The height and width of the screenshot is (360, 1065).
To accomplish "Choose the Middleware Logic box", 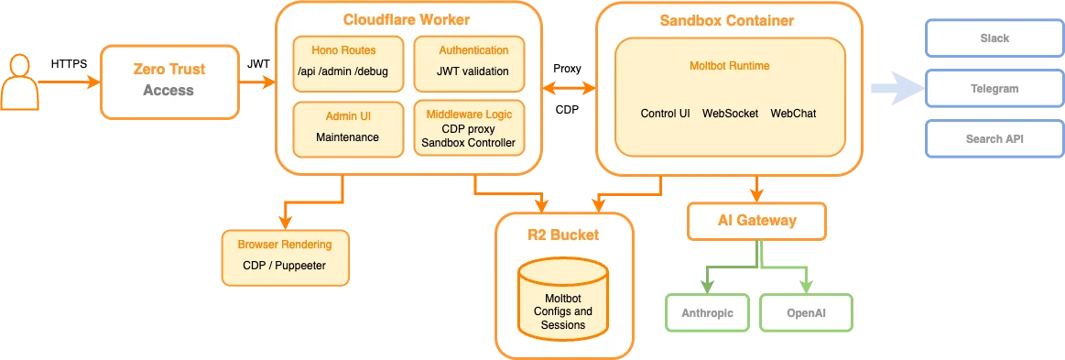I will [x=470, y=128].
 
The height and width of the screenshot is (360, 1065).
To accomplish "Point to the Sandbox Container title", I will [x=726, y=19].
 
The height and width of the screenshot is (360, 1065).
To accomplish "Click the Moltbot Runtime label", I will [x=729, y=66].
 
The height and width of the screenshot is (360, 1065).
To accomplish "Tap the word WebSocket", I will [x=730, y=114].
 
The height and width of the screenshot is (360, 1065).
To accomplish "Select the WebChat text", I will [x=792, y=114].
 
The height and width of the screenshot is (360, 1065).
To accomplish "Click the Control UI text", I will [x=665, y=114].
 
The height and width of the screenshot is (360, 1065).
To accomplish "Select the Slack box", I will [x=994, y=38].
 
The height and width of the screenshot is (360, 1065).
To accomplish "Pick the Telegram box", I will [x=994, y=89].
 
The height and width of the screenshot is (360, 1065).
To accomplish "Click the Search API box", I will [x=994, y=139].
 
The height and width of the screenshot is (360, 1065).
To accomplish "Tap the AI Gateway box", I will [x=755, y=221].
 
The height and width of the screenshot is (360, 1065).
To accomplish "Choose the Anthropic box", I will [x=706, y=312].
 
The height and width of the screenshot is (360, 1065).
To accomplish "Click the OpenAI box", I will [x=807, y=312].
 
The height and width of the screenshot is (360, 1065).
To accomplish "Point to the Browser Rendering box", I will [x=284, y=256].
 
